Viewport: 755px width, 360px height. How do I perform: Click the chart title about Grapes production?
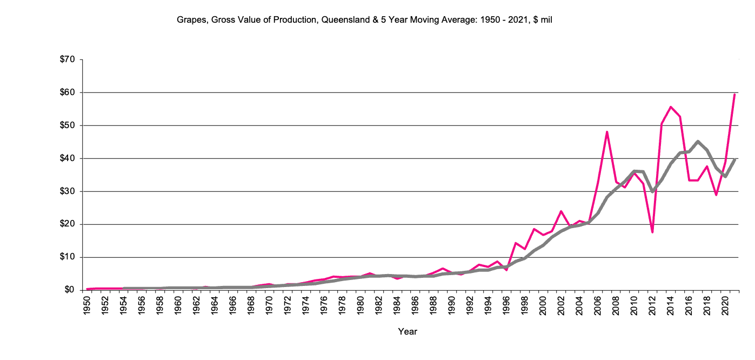(x=364, y=20)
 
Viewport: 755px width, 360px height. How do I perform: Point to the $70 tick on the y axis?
(x=68, y=59)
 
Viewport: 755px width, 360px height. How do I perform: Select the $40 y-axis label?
(x=68, y=158)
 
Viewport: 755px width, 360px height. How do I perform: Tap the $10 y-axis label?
(x=68, y=257)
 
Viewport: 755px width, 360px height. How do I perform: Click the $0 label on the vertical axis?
(x=70, y=290)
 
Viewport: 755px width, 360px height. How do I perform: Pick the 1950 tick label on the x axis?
(x=86, y=306)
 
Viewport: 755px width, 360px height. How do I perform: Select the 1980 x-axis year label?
(x=359, y=306)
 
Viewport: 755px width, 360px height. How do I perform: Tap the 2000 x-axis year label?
(x=542, y=306)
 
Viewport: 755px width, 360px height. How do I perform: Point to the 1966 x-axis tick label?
(x=232, y=306)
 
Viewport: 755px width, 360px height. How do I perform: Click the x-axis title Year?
(x=407, y=331)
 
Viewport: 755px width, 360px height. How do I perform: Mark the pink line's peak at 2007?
(x=607, y=131)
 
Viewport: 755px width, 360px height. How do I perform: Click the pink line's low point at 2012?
(x=652, y=232)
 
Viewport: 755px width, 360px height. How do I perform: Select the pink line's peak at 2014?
(x=671, y=107)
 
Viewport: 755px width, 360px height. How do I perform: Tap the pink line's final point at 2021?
(x=734, y=94)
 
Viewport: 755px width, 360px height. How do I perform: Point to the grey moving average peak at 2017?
(x=698, y=142)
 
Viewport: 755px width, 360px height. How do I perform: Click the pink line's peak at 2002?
(x=561, y=211)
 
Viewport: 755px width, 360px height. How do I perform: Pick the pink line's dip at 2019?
(x=716, y=195)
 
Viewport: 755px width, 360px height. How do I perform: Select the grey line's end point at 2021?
(x=734, y=160)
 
